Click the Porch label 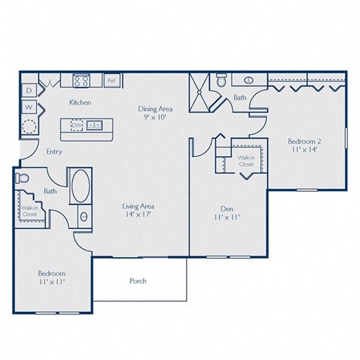coord(138,281)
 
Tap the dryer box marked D coord(28,91)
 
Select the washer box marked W coord(28,107)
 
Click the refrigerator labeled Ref coord(111,79)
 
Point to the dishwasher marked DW coord(76,124)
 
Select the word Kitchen coord(80,101)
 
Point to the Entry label coord(53,151)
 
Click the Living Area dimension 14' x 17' coord(138,215)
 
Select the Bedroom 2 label coord(304,141)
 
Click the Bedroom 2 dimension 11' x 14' coord(304,150)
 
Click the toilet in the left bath coord(22,178)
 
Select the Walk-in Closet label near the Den coord(247,161)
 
